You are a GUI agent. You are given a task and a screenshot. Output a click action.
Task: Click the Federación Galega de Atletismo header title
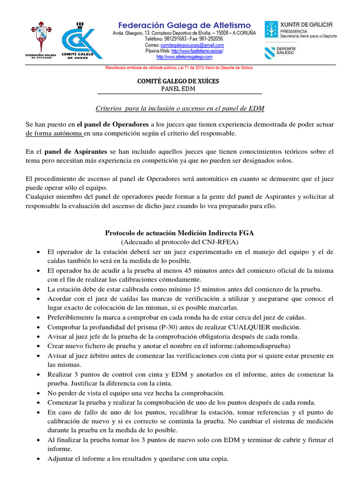pyautogui.click(x=184, y=25)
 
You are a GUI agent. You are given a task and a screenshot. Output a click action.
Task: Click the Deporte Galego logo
pyautogui.click(x=281, y=51)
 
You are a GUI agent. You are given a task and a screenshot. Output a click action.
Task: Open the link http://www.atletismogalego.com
pyautogui.click(x=184, y=57)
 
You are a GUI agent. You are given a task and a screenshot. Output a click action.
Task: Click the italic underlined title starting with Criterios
pyautogui.click(x=180, y=108)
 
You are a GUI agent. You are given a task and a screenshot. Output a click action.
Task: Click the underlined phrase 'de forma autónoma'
pyautogui.click(x=54, y=134)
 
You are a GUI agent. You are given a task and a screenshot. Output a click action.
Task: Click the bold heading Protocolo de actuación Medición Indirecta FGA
pyautogui.click(x=180, y=232)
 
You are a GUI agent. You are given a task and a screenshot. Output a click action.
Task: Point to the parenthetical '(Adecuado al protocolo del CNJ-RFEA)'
pyautogui.click(x=180, y=242)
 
